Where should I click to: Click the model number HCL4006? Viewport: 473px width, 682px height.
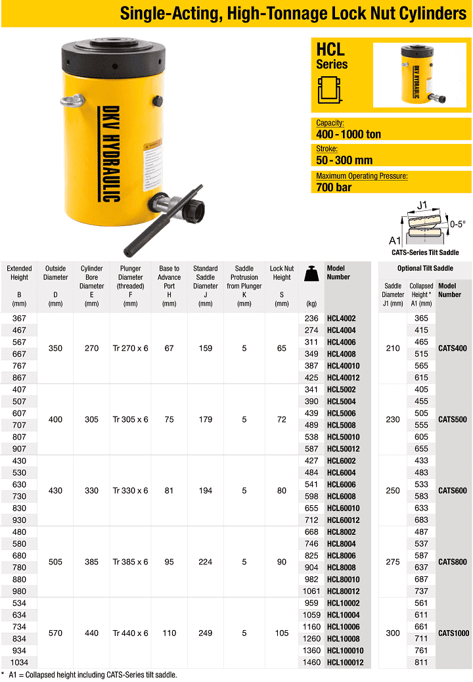coord(341,342)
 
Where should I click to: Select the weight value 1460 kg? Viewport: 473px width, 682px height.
coord(311,662)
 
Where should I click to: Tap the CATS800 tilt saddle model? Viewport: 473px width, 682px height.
coord(453,562)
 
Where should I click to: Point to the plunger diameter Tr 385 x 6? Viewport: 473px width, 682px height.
coord(131,562)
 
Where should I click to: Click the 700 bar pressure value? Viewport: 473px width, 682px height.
coord(334,187)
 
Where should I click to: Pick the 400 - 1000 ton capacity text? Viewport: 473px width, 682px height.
coord(348,134)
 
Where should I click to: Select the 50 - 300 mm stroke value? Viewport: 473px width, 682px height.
coord(344,160)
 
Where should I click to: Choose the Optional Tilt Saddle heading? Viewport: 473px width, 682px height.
coord(425,268)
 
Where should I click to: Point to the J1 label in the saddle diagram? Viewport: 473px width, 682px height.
coord(422,205)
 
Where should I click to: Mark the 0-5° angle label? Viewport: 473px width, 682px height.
coord(457,224)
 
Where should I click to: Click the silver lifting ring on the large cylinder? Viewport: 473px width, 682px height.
coord(72,101)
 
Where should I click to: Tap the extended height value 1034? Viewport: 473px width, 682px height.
coord(19,662)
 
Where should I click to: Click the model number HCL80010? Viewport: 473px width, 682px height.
coord(343,580)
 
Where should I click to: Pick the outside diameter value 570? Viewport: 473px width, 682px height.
coord(55,633)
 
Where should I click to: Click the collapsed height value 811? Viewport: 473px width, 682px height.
coord(421,662)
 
